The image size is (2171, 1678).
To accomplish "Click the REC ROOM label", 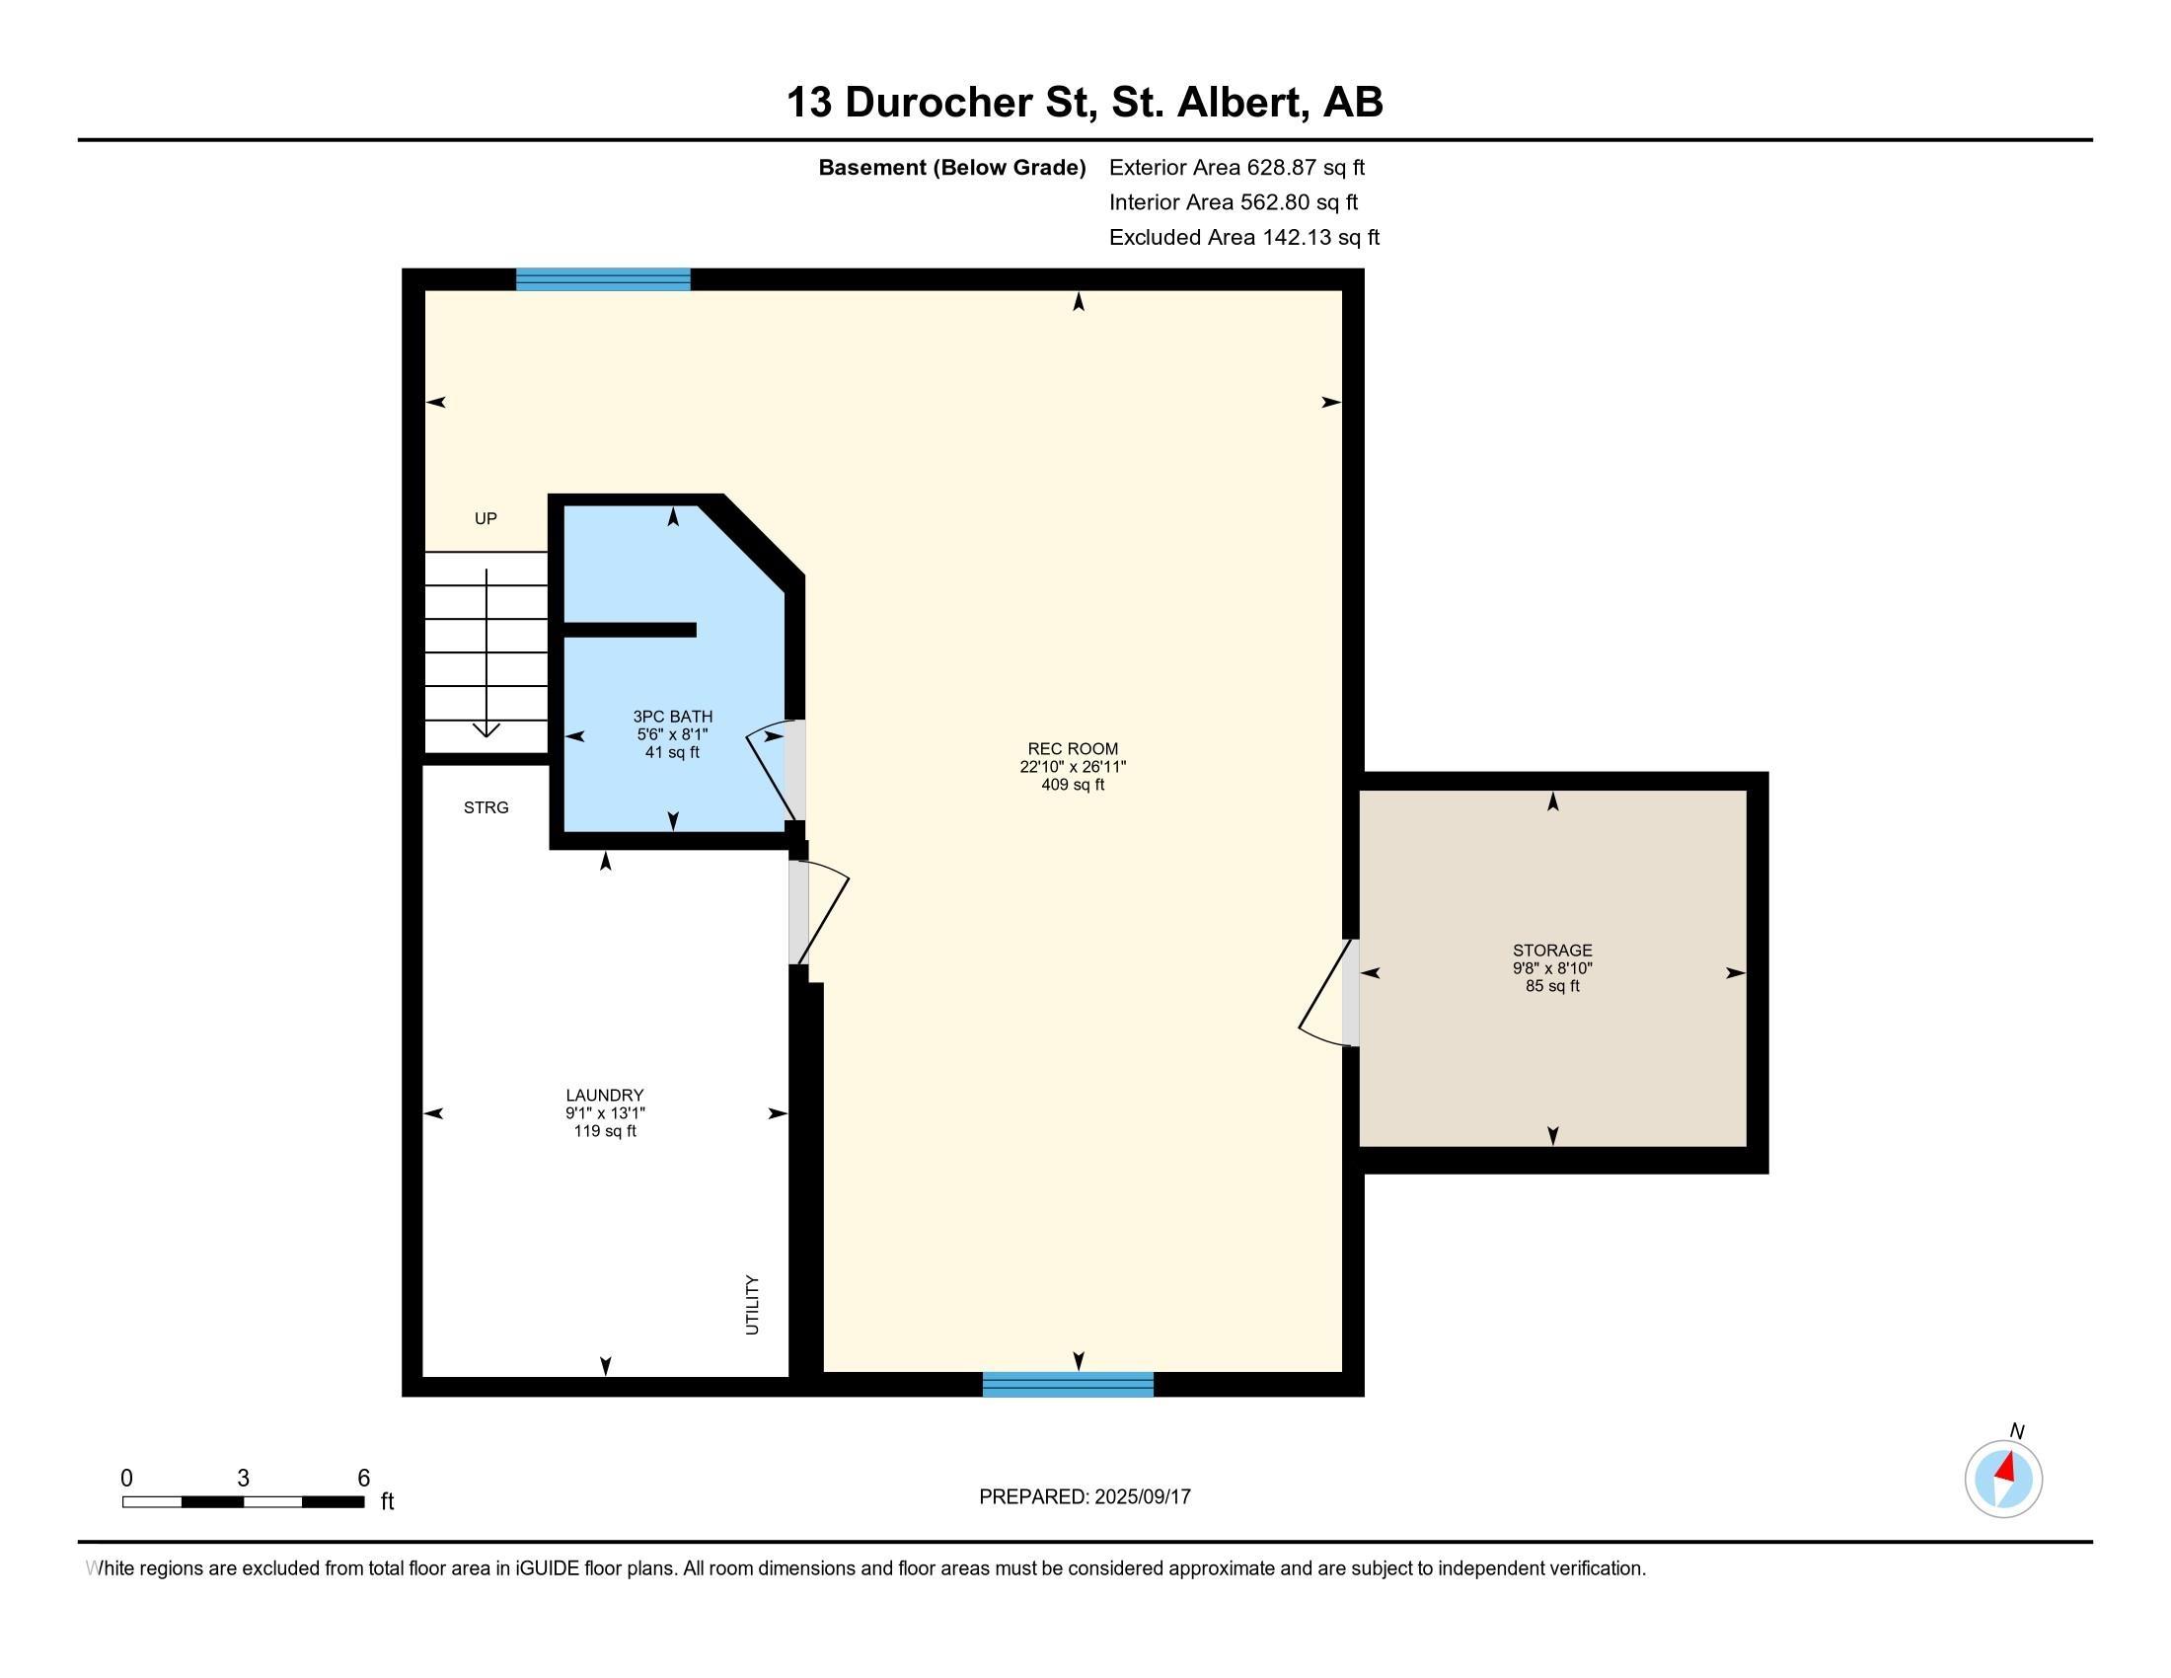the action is pyautogui.click(x=1073, y=748).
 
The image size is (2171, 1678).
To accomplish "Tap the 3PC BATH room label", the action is pyautogui.click(x=673, y=717).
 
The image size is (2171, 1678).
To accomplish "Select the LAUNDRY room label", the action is pyautogui.click(x=604, y=1096).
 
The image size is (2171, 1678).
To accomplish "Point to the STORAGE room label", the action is pyautogui.click(x=1552, y=951).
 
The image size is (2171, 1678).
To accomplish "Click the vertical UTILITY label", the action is pyautogui.click(x=753, y=1305).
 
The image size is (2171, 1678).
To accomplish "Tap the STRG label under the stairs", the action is pyautogui.click(x=487, y=807).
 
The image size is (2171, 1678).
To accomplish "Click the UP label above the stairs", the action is pyautogui.click(x=486, y=518).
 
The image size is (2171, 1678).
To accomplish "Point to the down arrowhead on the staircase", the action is pyautogui.click(x=487, y=730).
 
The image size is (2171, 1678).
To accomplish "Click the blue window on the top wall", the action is pyautogui.click(x=602, y=279).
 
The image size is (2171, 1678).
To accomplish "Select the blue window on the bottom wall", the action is pyautogui.click(x=1068, y=1385).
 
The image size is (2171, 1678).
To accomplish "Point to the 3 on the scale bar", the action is pyautogui.click(x=243, y=1479).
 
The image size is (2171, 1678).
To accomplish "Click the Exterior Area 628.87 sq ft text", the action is pyautogui.click(x=1236, y=168).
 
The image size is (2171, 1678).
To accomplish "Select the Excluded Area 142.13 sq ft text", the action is pyautogui.click(x=1243, y=238).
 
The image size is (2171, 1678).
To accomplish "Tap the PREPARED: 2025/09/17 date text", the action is pyautogui.click(x=1085, y=1496).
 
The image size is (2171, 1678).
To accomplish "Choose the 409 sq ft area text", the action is pyautogui.click(x=1073, y=785).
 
